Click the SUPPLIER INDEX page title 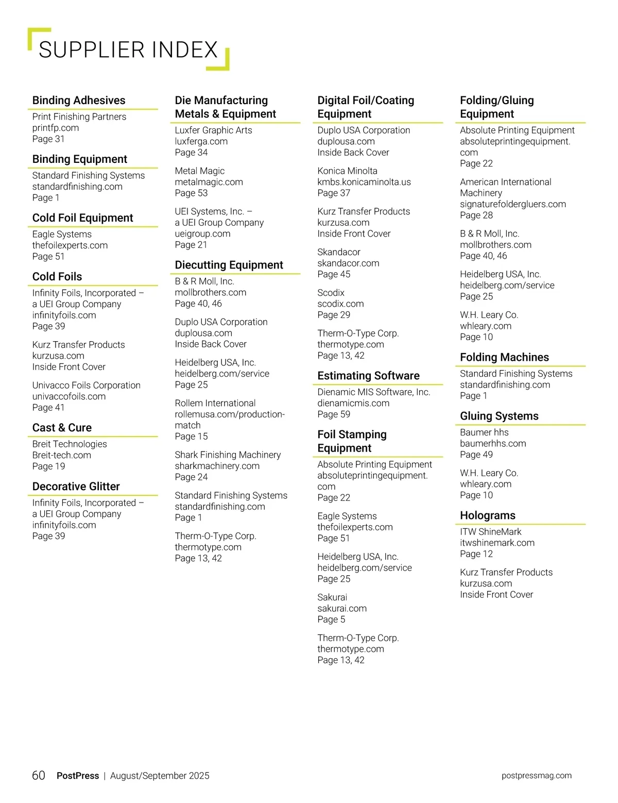[x=128, y=50]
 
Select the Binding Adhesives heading [x=79, y=101]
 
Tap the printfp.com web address [x=56, y=128]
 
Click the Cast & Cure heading [x=62, y=428]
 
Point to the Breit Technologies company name [x=70, y=444]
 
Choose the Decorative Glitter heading [x=76, y=487]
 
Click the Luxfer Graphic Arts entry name [x=213, y=130]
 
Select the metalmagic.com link [x=209, y=182]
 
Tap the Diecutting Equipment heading [x=229, y=265]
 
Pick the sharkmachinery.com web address [x=217, y=466]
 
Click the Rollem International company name [x=215, y=403]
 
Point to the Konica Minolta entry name [x=347, y=171]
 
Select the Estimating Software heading [x=368, y=376]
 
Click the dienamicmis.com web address [x=353, y=403]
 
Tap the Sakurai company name [x=332, y=597]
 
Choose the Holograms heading [x=487, y=515]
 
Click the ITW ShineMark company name [x=490, y=532]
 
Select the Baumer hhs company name [x=484, y=432]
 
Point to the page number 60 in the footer [x=39, y=776]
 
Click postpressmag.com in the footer [x=536, y=776]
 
